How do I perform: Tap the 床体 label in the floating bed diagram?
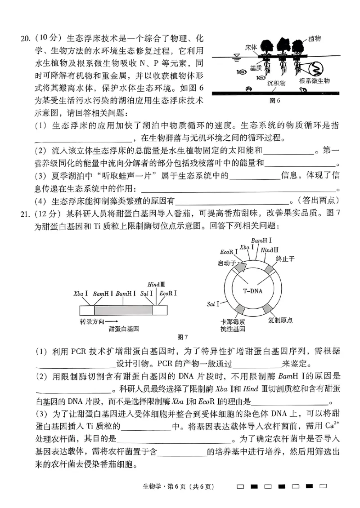(x=251, y=47)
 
